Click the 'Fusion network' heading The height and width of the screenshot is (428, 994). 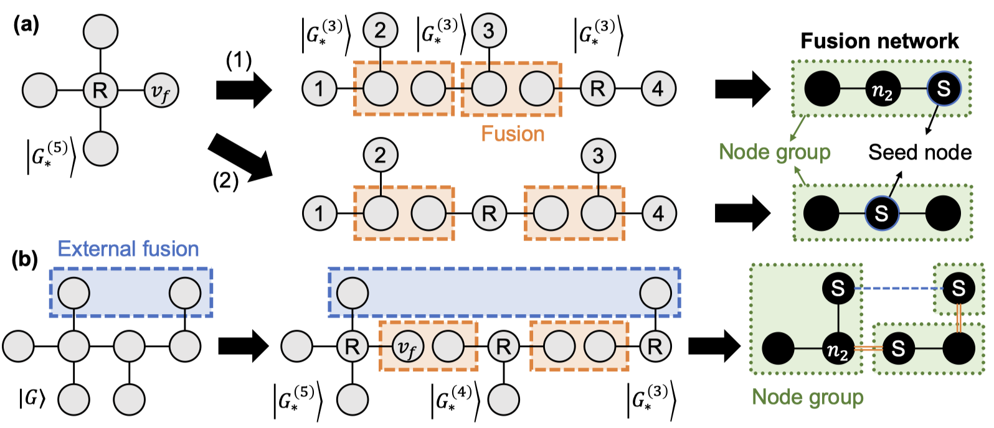879,41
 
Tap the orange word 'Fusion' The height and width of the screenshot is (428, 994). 513,134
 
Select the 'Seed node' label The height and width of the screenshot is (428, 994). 919,152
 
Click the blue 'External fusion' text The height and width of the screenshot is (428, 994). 128,249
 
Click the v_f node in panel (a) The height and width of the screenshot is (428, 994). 161,91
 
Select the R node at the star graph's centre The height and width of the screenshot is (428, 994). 100,91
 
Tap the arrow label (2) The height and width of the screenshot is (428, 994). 225,180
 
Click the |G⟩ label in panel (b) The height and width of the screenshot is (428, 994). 32,398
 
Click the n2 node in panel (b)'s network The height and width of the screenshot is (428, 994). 838,349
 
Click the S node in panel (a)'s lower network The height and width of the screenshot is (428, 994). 881,213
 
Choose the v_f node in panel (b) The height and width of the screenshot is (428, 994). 407,347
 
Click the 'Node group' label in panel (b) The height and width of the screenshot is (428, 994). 807,397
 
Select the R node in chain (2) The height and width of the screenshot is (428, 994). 489,213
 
